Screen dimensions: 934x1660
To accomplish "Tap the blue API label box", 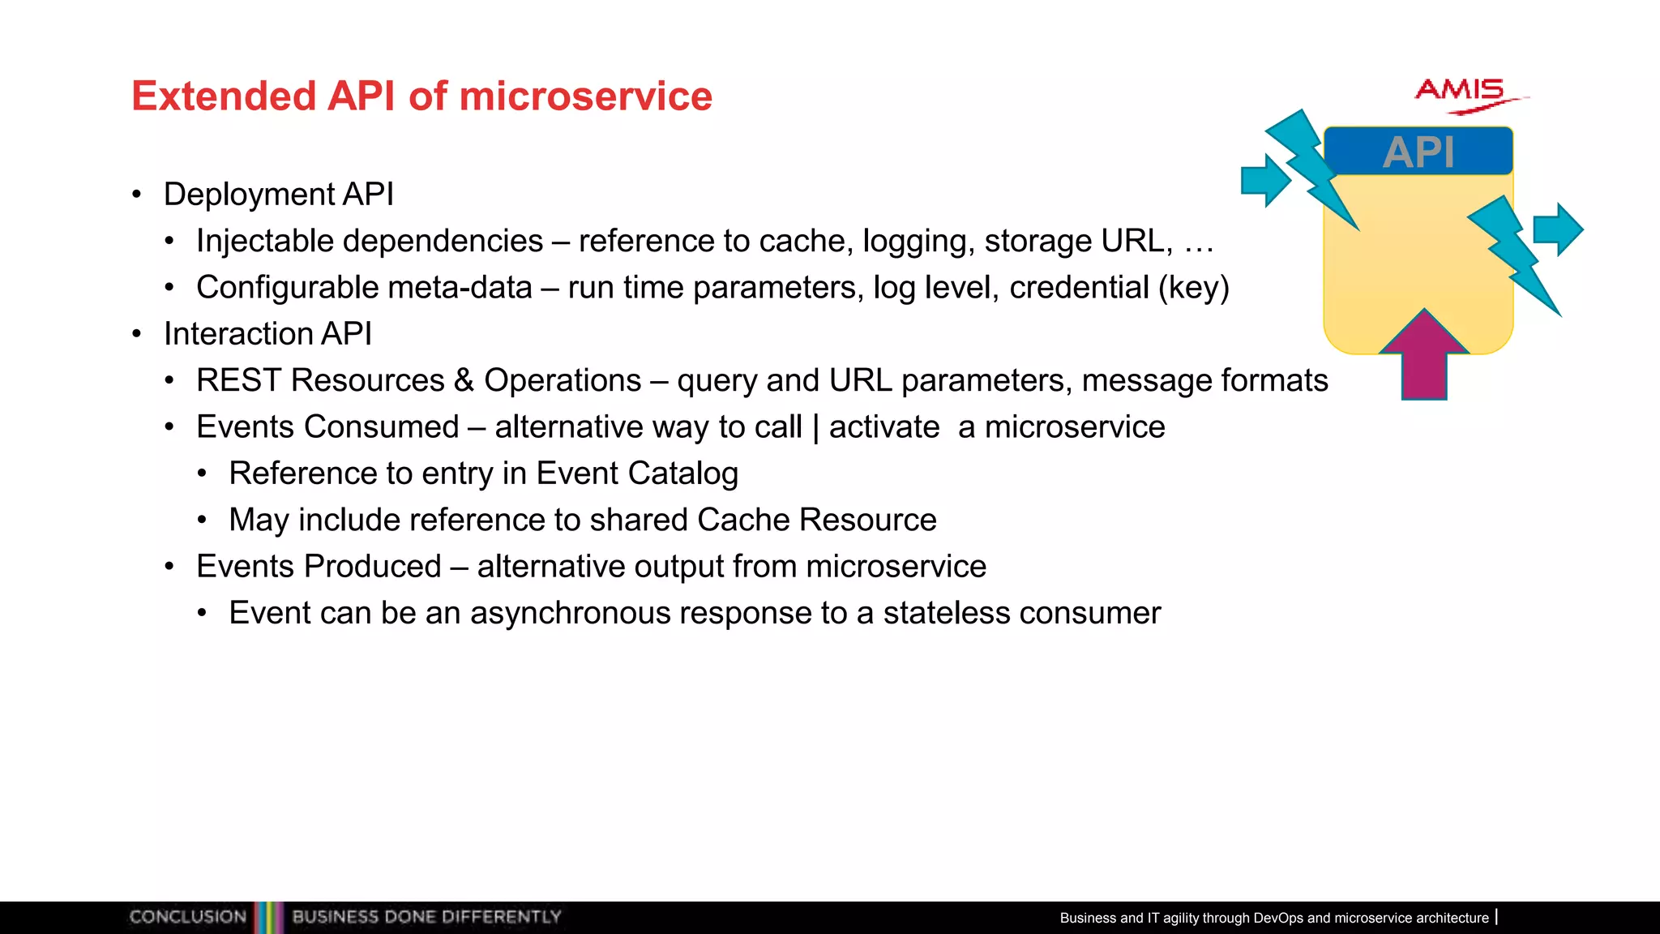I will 1418,152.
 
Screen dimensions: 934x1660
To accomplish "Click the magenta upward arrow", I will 1424,357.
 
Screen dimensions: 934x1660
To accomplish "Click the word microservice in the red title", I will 585,96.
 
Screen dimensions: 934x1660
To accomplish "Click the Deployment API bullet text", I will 278,195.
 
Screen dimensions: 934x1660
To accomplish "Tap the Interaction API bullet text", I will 267,334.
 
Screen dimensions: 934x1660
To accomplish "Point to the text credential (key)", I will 1119,288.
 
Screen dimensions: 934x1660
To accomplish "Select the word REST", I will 238,380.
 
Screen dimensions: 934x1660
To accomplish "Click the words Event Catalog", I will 636,473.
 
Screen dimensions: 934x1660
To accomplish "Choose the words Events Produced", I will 319,567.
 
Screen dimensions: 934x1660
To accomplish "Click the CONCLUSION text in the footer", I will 187,917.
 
